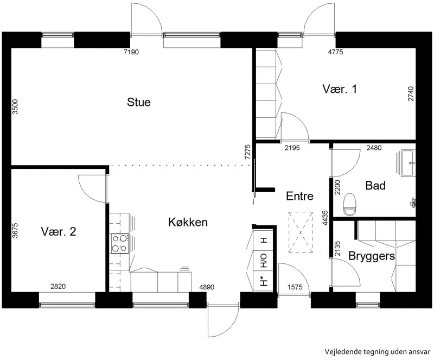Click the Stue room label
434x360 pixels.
coord(139,102)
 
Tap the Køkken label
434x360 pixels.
coord(188,222)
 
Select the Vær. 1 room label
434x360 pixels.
coord(340,89)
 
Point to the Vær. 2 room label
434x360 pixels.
coord(59,231)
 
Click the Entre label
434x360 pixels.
coord(300,196)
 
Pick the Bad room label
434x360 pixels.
coord(375,185)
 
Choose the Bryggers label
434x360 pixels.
coord(372,256)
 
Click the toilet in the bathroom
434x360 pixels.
coord(349,205)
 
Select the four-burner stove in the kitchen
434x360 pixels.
coord(120,243)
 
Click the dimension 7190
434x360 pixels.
coord(131,52)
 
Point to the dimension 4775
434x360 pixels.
coord(335,52)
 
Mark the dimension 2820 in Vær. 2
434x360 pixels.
coord(58,286)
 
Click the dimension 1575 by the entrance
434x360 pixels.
coord(295,287)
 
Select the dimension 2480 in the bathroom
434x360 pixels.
coord(374,148)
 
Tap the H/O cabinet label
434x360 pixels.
coord(264,260)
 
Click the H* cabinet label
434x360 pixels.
coord(264,281)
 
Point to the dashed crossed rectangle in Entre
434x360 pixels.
coord(301,232)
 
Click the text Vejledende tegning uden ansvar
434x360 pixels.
coord(378,352)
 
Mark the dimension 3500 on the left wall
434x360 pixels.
coord(15,107)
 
